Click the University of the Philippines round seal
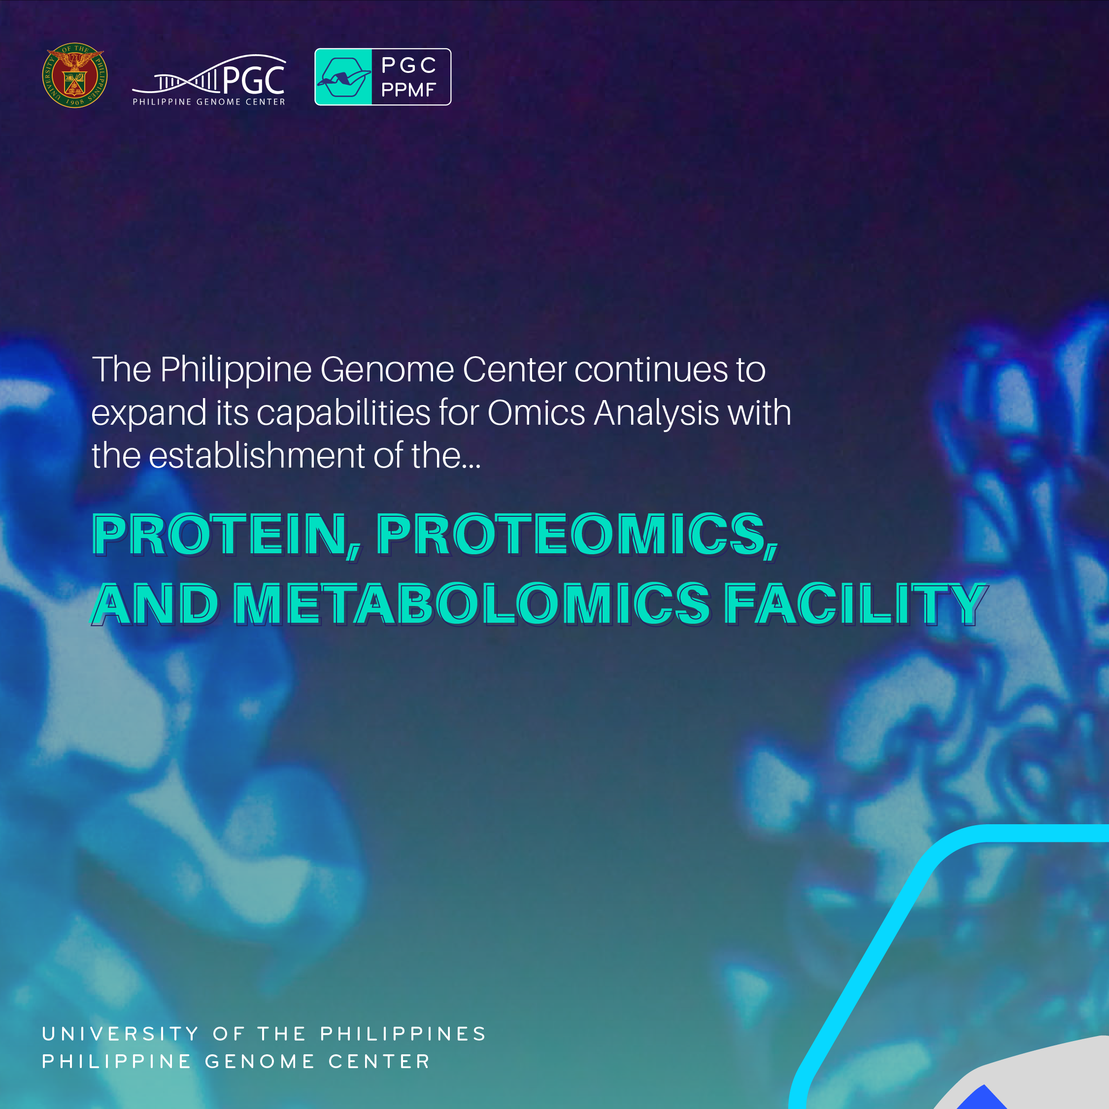click(x=74, y=75)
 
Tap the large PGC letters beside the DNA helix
click(x=254, y=79)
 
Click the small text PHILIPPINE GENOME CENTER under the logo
click(x=209, y=101)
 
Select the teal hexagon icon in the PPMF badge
click(x=343, y=77)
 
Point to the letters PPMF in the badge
click(x=408, y=90)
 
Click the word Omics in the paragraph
click(x=536, y=413)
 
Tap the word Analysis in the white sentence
click(x=656, y=413)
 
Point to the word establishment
click(x=257, y=455)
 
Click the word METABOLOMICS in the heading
click(x=471, y=604)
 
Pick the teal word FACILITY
click(x=855, y=604)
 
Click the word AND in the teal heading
click(x=155, y=604)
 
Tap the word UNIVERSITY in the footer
click(x=121, y=1034)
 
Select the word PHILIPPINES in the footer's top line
click(x=403, y=1034)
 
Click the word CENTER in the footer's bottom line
click(x=379, y=1061)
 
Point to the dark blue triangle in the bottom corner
click(x=982, y=1099)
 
